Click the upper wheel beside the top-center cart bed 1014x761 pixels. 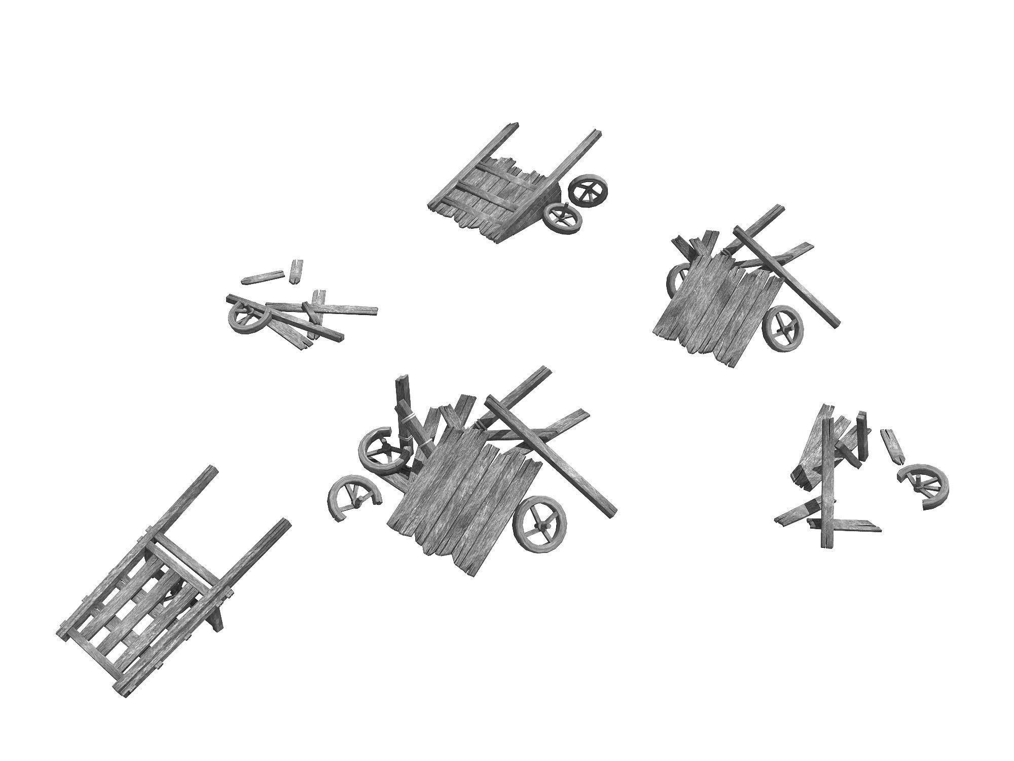pos(588,191)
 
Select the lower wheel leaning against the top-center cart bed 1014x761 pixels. pos(562,218)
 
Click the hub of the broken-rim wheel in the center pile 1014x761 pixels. pos(384,448)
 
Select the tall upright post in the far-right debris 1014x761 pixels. pos(828,487)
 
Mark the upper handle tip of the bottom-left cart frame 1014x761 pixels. pos(213,469)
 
